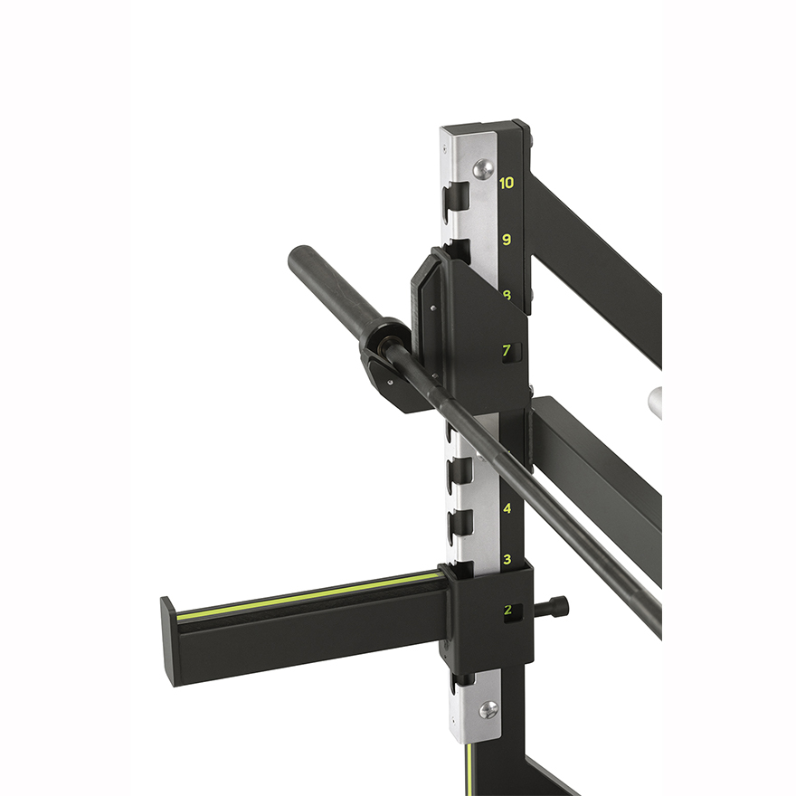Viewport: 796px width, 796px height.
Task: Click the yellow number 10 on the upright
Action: tap(507, 183)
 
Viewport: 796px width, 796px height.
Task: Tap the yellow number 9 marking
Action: tap(507, 240)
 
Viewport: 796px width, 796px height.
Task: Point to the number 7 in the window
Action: tap(507, 351)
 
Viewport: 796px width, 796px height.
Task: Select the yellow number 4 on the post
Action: tap(507, 508)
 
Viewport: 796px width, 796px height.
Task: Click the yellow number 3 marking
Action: tap(507, 559)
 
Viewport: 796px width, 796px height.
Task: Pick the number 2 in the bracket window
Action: tap(507, 611)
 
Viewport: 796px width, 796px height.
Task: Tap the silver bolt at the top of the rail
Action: tap(485, 167)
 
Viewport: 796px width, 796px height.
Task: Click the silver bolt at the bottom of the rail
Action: tap(488, 709)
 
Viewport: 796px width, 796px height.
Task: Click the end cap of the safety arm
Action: tap(168, 642)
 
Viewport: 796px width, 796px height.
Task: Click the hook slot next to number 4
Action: tap(462, 522)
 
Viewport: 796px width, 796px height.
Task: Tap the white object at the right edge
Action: tap(656, 398)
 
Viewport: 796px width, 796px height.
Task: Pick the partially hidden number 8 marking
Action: tap(507, 295)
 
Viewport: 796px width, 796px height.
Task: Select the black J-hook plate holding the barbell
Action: tap(470, 326)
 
